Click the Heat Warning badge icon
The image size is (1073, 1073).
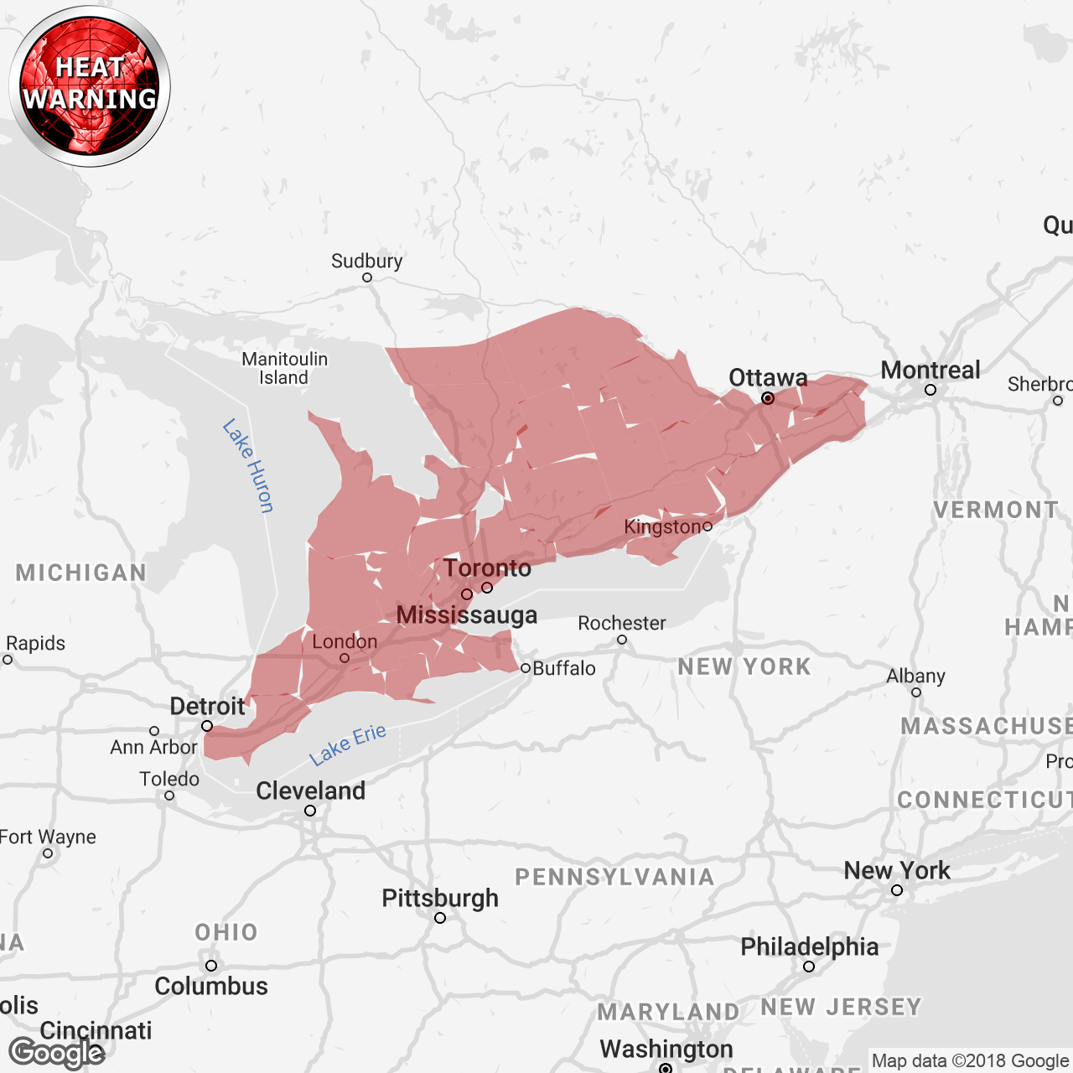pyautogui.click(x=90, y=86)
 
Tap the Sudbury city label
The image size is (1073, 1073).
pyautogui.click(x=366, y=261)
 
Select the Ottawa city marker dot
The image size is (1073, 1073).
pyautogui.click(x=768, y=398)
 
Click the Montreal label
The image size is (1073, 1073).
pyautogui.click(x=930, y=371)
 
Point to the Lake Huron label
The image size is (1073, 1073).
pyautogui.click(x=248, y=465)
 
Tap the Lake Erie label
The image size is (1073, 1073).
pyautogui.click(x=347, y=744)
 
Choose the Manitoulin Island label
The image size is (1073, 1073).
pyautogui.click(x=284, y=368)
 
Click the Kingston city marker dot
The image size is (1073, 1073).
pyautogui.click(x=708, y=526)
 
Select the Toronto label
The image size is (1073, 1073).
pyautogui.click(x=487, y=568)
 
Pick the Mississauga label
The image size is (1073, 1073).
pyautogui.click(x=467, y=615)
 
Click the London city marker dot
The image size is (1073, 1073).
pyautogui.click(x=345, y=658)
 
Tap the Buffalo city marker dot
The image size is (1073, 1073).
pyautogui.click(x=526, y=668)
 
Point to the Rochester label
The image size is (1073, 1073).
pyautogui.click(x=621, y=623)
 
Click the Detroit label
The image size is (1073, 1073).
pyautogui.click(x=207, y=706)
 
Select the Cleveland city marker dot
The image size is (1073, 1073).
pyautogui.click(x=310, y=811)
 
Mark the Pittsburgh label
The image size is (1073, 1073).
pyautogui.click(x=440, y=898)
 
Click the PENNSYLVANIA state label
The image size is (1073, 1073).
pyautogui.click(x=614, y=877)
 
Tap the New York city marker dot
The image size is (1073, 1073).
pyautogui.click(x=897, y=890)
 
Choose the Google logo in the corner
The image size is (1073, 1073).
pyautogui.click(x=57, y=1053)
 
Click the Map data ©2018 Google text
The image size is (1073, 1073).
pyautogui.click(x=970, y=1061)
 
